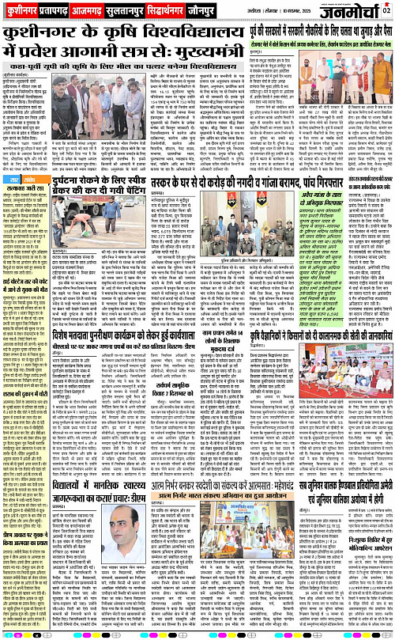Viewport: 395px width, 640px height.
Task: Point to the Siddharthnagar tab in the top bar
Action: pos(191,13)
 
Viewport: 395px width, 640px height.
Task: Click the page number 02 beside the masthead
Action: pos(386,9)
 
